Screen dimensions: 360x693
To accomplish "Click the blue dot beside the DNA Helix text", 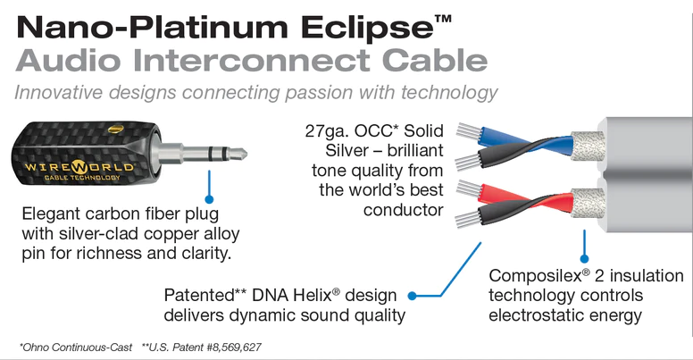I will click(x=413, y=295).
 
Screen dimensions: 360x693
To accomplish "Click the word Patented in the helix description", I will click(x=198, y=295).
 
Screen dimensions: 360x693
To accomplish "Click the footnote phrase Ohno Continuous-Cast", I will click(x=72, y=345).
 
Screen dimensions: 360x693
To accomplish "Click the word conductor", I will click(x=403, y=210).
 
